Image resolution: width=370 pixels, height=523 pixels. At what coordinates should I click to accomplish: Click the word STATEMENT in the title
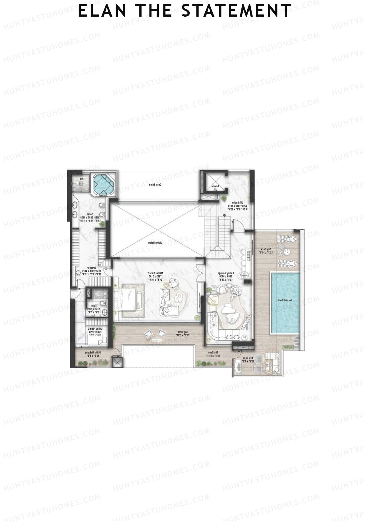236,11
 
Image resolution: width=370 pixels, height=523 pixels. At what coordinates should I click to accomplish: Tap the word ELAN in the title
102,11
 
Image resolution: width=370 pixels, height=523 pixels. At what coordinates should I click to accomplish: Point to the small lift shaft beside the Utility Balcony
117,363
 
